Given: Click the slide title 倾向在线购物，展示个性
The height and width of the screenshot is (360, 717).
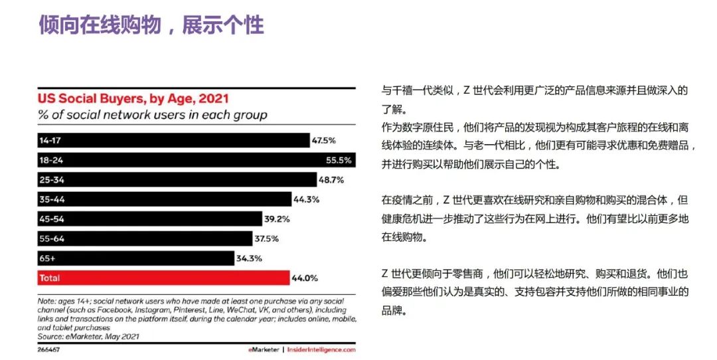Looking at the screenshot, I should [151, 25].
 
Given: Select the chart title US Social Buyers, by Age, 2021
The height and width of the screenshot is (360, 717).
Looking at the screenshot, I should [133, 99].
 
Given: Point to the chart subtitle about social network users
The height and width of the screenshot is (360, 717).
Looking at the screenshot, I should [152, 115].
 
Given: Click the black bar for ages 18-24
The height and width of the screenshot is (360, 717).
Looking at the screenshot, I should [196, 160].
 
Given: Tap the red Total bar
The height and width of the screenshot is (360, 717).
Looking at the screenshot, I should [163, 278].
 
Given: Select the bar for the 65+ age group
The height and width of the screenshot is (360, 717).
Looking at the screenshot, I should [135, 258].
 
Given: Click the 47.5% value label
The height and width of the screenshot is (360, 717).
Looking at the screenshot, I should [324, 141].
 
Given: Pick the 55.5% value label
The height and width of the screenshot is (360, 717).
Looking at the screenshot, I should [368, 160].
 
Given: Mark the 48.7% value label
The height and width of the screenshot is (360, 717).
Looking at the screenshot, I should [331, 180].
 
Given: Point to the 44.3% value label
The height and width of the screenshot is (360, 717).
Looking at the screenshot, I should [306, 199].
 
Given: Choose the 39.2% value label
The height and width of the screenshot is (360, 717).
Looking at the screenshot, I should [276, 219].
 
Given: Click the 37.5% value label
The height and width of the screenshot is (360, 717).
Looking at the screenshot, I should [266, 238].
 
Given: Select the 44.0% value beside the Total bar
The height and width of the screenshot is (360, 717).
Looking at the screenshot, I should [304, 278].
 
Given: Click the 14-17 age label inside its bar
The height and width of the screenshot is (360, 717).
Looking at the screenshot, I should [50, 141].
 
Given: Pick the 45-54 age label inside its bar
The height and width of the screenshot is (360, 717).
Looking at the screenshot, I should [52, 219].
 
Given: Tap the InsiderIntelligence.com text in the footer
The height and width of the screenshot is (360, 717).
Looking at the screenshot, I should [322, 349].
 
